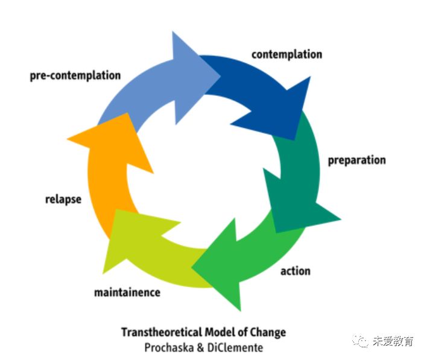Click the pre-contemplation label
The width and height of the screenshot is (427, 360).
pyautogui.click(x=75, y=75)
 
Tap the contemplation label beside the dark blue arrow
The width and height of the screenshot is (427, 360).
pyautogui.click(x=286, y=54)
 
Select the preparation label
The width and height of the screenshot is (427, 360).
pyautogui.click(x=357, y=160)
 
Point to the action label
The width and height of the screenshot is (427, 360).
pyautogui.click(x=296, y=271)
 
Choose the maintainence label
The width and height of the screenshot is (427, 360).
pyautogui.click(x=127, y=292)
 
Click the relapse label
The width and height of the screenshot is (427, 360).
pyautogui.click(x=63, y=200)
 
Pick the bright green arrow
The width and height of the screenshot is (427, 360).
pyautogui.click(x=245, y=259)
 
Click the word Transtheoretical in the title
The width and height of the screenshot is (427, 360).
pyautogui.click(x=162, y=332)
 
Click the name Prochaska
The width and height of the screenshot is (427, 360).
pyautogui.click(x=169, y=348)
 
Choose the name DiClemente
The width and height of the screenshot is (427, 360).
pyautogui.click(x=235, y=348)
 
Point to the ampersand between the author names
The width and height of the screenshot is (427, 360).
pyautogui.click(x=200, y=348)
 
